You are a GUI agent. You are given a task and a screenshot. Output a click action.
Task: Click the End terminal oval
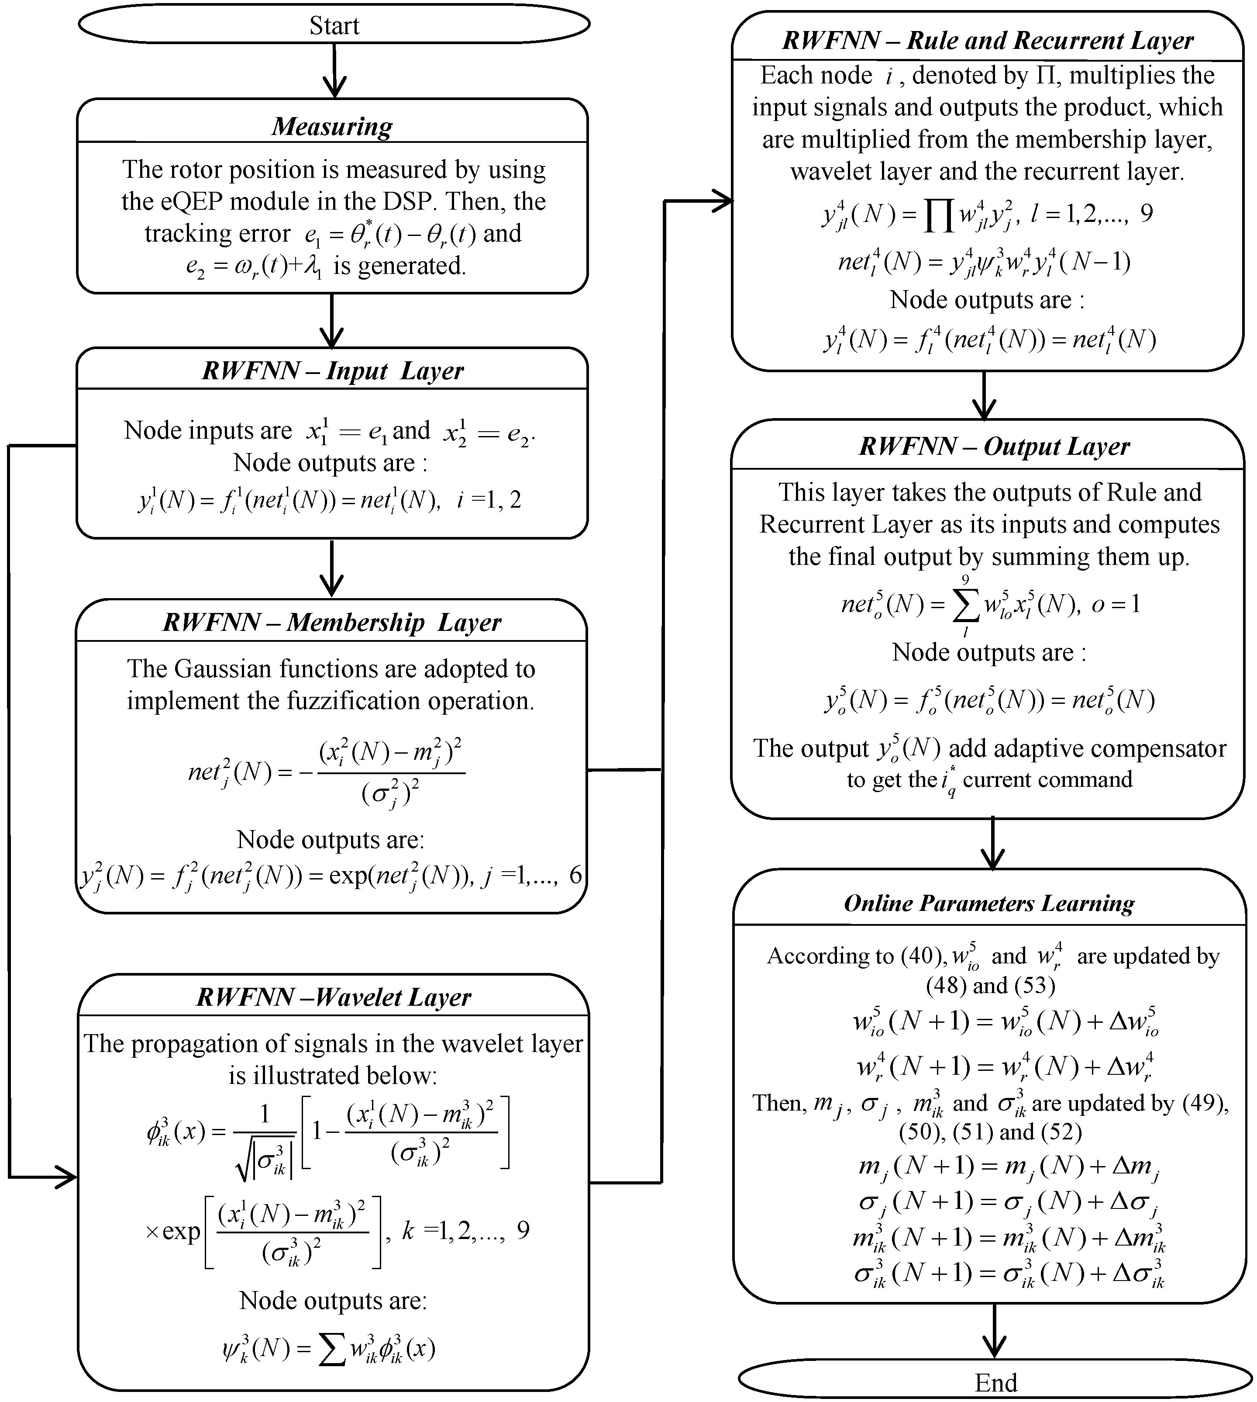click(x=995, y=1381)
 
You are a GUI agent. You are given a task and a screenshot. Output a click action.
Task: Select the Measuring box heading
click(x=332, y=126)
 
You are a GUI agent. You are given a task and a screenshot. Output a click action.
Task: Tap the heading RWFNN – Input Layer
click(x=332, y=370)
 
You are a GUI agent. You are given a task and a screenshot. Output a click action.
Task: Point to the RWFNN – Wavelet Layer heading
click(x=334, y=997)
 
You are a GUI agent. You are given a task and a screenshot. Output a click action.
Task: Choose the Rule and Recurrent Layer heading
click(x=988, y=40)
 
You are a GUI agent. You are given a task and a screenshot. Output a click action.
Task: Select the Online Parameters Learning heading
click(x=989, y=903)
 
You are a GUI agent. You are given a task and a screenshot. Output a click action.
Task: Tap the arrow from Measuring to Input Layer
click(x=332, y=321)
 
